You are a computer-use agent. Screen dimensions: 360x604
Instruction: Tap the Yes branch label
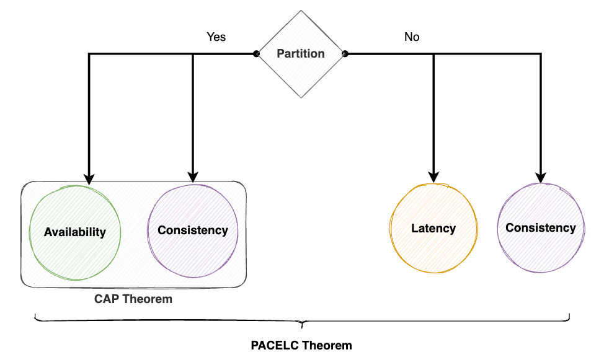tap(216, 37)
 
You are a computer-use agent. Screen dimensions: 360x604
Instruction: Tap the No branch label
tap(412, 37)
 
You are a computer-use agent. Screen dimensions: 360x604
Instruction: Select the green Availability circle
tap(75, 232)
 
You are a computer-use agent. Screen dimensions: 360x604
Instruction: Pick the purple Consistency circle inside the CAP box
tap(193, 230)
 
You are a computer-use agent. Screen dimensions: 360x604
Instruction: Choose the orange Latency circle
tap(433, 228)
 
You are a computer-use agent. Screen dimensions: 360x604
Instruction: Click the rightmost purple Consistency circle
tap(541, 227)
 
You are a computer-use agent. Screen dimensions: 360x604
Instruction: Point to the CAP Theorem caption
tap(133, 299)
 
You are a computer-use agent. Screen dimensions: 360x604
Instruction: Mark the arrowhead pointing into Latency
tap(433, 176)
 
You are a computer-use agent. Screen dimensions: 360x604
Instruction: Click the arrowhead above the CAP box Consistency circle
tap(193, 176)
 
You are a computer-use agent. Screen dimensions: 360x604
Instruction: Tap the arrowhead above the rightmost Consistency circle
tap(541, 176)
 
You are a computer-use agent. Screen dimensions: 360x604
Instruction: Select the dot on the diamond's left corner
tap(256, 54)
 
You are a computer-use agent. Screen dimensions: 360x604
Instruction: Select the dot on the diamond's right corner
tap(345, 54)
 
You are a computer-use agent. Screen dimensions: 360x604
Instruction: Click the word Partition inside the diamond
tap(301, 54)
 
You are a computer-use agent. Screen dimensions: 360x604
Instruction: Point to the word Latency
tap(433, 228)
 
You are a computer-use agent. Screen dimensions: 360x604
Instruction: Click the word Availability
tap(75, 232)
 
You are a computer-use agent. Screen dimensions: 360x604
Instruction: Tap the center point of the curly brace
tap(302, 323)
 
